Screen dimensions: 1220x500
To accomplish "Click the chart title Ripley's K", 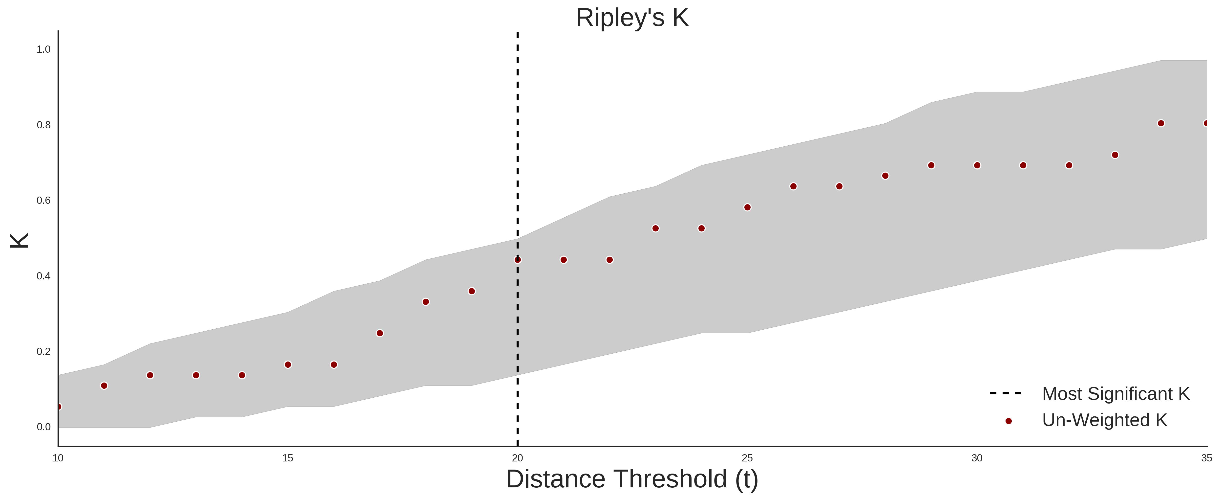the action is (x=632, y=18).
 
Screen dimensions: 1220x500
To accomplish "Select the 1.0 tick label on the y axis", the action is (x=43, y=49).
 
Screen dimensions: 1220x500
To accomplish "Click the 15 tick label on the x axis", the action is (x=288, y=458).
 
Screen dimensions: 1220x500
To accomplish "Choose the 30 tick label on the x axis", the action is (x=977, y=458).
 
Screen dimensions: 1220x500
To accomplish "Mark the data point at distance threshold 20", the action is (x=518, y=260).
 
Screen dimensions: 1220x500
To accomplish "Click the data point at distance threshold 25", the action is (x=747, y=207).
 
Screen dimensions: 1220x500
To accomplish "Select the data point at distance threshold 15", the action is (x=288, y=364).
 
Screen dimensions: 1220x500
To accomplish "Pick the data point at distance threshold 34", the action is (x=1161, y=123).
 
